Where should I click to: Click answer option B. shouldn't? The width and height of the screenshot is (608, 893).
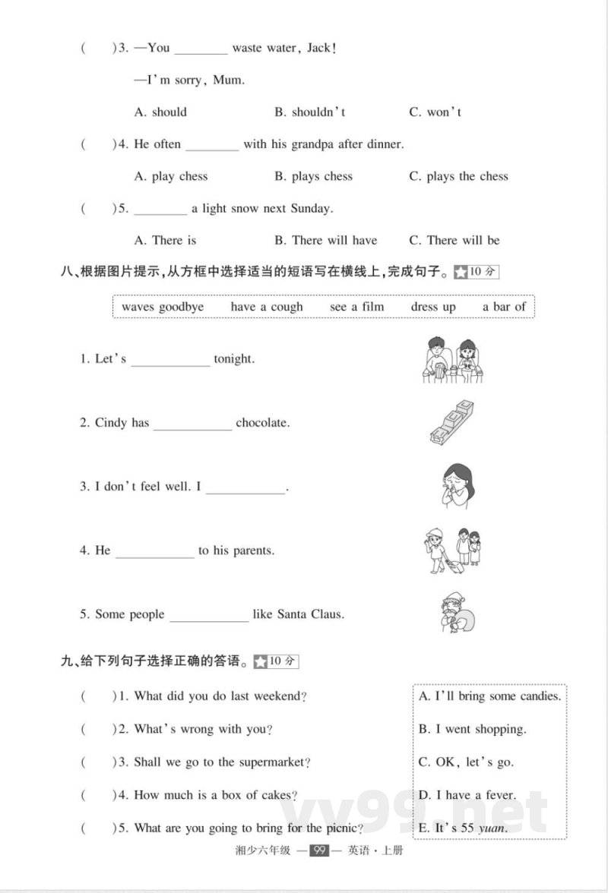pyautogui.click(x=310, y=112)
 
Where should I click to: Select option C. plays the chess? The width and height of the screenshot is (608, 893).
pyautogui.click(x=458, y=176)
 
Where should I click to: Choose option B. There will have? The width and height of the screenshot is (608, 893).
pyautogui.click(x=325, y=241)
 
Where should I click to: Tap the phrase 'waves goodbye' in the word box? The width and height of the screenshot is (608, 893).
pyautogui.click(x=163, y=307)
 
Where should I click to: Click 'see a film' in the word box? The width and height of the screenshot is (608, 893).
pyautogui.click(x=357, y=307)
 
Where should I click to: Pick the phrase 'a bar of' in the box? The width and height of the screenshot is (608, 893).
pyautogui.click(x=504, y=307)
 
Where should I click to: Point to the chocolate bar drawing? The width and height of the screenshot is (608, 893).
pyautogui.click(x=451, y=422)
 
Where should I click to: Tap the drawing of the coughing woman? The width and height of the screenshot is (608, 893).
pyautogui.click(x=455, y=486)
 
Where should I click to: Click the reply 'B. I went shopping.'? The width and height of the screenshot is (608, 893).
pyautogui.click(x=473, y=729)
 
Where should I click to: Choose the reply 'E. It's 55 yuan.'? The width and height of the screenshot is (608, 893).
pyautogui.click(x=463, y=828)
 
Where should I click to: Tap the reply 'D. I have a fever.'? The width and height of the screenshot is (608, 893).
pyautogui.click(x=467, y=795)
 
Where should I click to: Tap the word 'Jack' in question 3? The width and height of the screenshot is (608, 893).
pyautogui.click(x=319, y=48)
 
